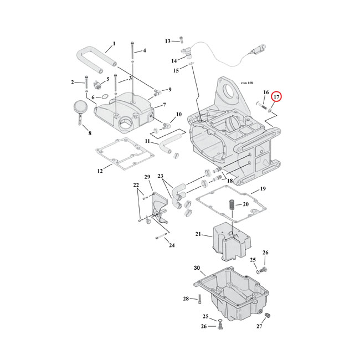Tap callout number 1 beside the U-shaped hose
(x=114, y=44)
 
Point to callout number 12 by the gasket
(x=100, y=171)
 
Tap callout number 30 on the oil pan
(x=197, y=268)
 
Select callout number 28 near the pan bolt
(x=186, y=299)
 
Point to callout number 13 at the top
(x=168, y=41)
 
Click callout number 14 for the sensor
(x=174, y=60)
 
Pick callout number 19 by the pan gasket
(x=263, y=189)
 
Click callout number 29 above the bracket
(x=147, y=177)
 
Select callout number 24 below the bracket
(x=156, y=245)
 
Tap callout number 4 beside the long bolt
(x=144, y=51)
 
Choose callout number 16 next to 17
(x=266, y=92)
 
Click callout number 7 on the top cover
(x=164, y=105)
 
